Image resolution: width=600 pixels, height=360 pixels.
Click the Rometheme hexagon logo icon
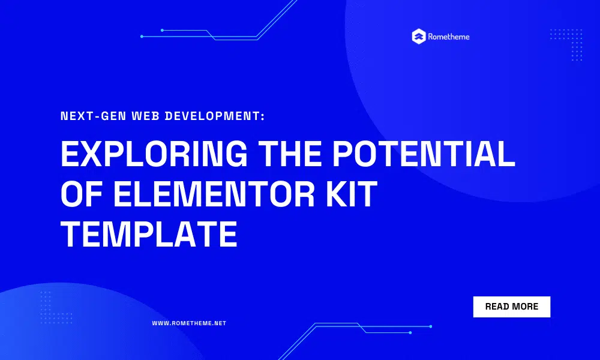419,37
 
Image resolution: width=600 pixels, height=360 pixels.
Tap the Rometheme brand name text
448,37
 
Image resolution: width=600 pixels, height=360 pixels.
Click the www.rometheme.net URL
189,323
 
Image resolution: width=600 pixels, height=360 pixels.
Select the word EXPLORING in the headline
154,154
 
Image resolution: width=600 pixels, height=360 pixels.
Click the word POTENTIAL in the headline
424,154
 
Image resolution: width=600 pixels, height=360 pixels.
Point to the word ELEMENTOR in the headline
214,194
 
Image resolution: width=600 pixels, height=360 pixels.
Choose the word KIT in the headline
352,194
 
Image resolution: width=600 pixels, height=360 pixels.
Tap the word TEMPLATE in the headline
149,234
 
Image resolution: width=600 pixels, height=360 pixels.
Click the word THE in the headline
290,154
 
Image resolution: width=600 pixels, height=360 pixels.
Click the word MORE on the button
525,307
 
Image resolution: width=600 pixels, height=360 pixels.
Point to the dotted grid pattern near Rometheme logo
566,45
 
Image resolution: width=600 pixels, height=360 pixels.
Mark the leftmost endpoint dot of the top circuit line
142,37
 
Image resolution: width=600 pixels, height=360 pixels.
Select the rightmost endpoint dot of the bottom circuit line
430,326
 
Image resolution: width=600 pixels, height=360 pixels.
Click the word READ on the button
497,307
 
